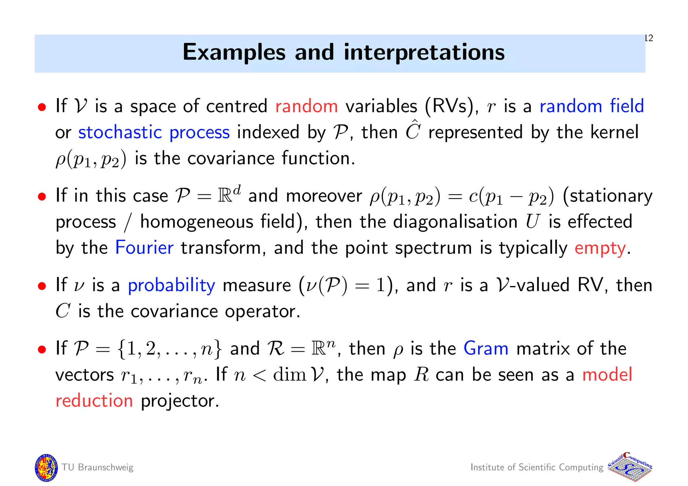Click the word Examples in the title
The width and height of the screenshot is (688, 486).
tap(234, 53)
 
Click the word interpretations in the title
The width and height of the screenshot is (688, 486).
tap(424, 53)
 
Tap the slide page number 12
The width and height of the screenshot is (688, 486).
tap(649, 38)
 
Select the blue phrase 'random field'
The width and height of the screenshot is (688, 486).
tap(592, 106)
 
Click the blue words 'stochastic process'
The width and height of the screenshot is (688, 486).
tap(154, 132)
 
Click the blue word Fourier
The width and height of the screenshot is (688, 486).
tap(144, 248)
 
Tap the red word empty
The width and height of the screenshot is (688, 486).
tap(600, 248)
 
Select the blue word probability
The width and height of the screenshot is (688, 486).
tap(171, 286)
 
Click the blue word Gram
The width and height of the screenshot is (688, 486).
tap(486, 348)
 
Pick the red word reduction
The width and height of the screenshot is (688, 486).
tap(94, 401)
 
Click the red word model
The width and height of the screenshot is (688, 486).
tap(607, 375)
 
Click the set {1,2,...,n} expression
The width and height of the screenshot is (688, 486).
tap(169, 349)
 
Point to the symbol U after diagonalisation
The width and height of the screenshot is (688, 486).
tap(532, 222)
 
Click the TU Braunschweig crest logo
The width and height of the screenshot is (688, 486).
tap(46, 468)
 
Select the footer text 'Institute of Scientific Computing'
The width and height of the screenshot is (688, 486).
tap(537, 467)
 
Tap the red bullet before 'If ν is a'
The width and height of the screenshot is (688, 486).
tap(42, 286)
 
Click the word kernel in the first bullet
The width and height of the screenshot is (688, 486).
tap(614, 132)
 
